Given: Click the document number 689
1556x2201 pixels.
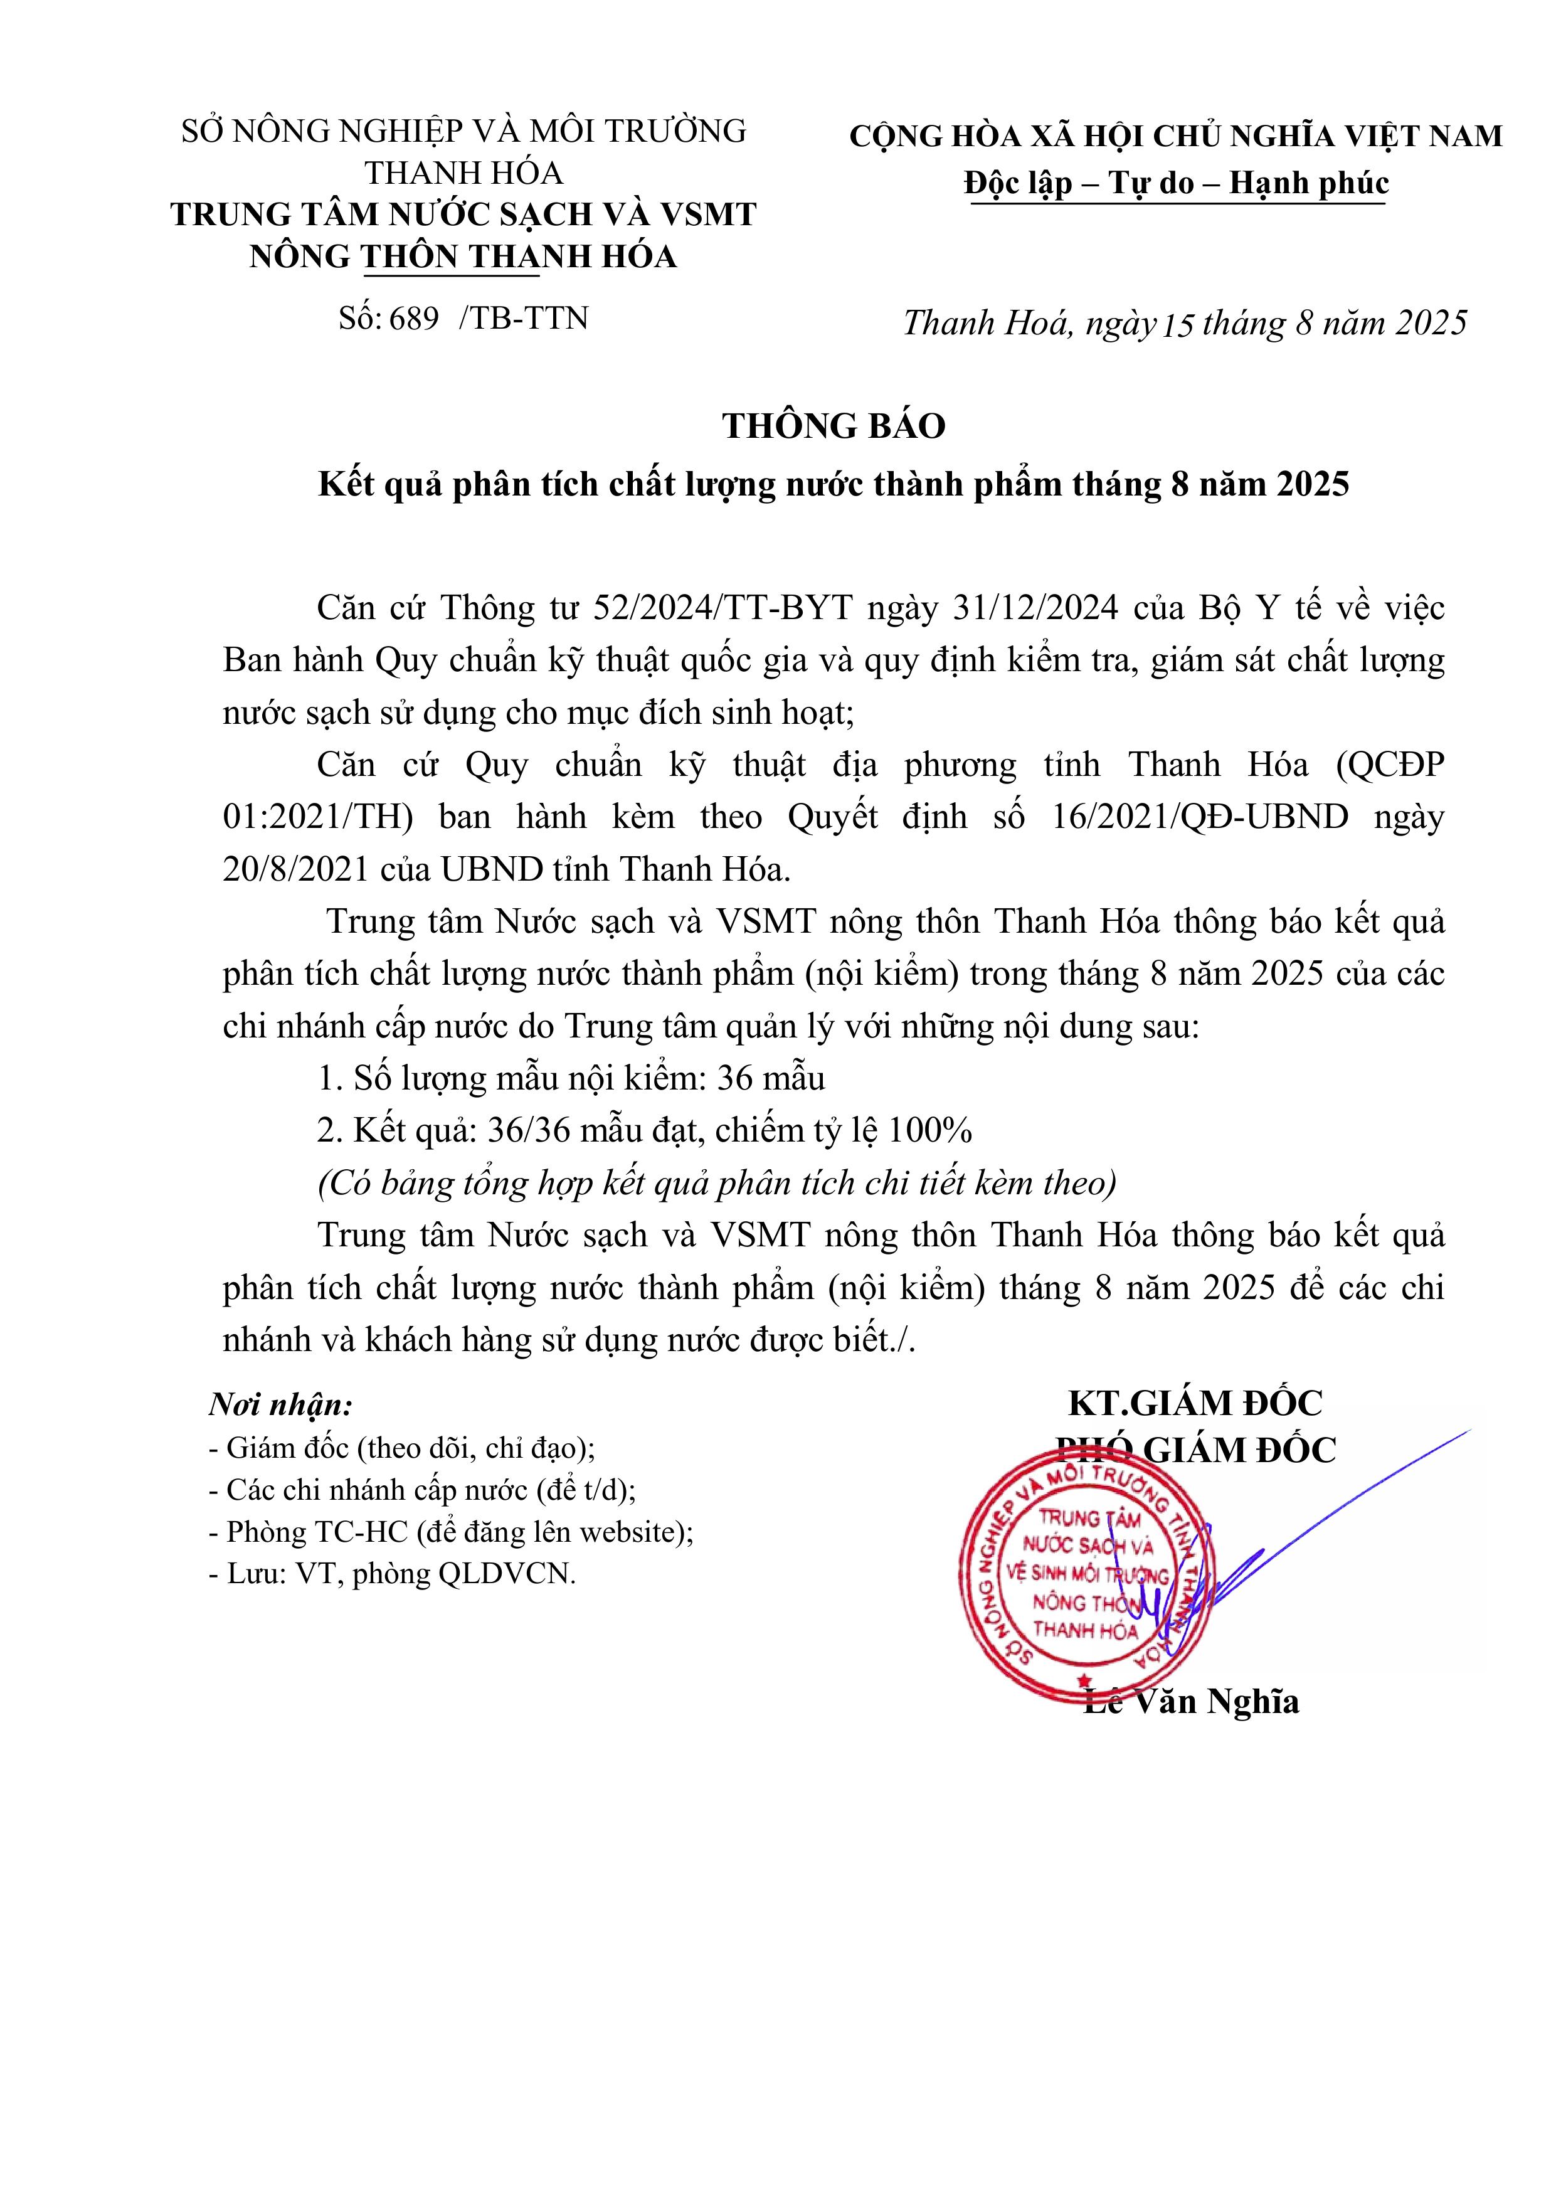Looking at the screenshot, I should coord(414,318).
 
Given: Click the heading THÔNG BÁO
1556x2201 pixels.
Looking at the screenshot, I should coord(833,426).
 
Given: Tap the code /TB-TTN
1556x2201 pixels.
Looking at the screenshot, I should coord(524,318).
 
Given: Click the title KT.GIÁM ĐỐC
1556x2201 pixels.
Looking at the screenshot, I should coord(1195,1403).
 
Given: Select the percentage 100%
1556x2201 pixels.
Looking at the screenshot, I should coord(930,1131).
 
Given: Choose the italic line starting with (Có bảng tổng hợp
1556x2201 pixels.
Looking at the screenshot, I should coord(717,1184).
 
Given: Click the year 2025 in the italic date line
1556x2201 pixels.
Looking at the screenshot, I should coord(1431,322).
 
